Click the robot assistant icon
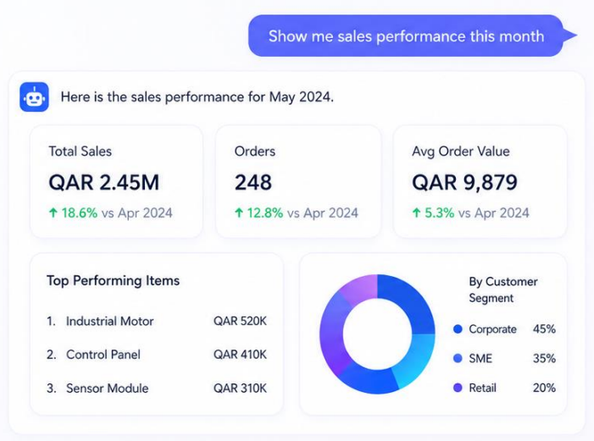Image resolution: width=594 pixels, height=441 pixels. click(34, 96)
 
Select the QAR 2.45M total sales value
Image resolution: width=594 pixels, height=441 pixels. click(103, 183)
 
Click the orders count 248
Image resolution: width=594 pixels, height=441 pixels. click(253, 183)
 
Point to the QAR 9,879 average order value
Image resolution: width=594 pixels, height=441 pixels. click(464, 183)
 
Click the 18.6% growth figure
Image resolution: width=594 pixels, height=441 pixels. click(80, 212)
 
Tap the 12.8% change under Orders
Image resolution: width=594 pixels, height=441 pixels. click(265, 212)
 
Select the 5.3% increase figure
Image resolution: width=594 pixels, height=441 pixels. click(440, 212)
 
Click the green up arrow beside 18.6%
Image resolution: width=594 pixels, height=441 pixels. click(53, 212)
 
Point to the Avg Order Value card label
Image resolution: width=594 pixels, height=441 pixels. click(461, 152)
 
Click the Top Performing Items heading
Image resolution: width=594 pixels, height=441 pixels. click(114, 281)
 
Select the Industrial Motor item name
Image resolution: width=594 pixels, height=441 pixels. click(110, 322)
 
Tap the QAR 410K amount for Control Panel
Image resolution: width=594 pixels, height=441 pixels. click(240, 355)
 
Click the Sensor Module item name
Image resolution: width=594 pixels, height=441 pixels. click(108, 389)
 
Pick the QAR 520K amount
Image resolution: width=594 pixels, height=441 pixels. click(240, 322)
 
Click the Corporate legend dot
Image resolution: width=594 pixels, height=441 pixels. click(458, 329)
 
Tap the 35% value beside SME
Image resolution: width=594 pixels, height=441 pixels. click(544, 358)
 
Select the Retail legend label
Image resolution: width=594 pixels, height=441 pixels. click(483, 388)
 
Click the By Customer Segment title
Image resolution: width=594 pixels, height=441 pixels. click(503, 289)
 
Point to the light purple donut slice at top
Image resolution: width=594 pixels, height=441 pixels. click(360, 289)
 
